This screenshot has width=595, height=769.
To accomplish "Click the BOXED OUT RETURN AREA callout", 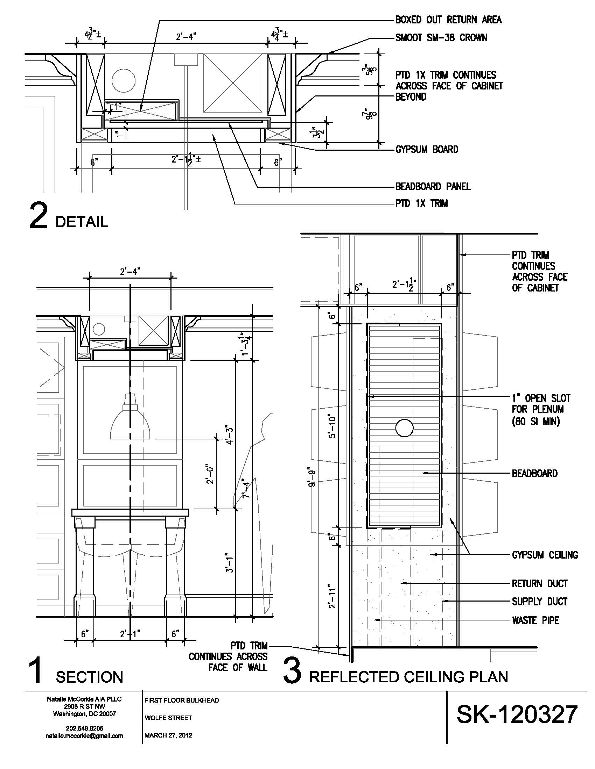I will click(x=448, y=20).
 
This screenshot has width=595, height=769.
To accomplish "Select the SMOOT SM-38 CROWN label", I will click(x=441, y=38).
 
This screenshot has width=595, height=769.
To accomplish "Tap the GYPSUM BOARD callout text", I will click(x=427, y=150).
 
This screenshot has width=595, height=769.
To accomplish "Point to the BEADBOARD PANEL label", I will click(x=433, y=186).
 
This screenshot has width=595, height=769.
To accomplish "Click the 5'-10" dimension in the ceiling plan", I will click(x=332, y=425).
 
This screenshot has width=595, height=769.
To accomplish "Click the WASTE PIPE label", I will click(x=535, y=620).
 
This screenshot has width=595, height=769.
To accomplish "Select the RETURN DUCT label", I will click(x=540, y=584).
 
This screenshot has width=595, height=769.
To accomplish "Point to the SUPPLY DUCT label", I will click(x=540, y=602).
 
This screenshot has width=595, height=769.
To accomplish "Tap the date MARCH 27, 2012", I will click(x=168, y=735).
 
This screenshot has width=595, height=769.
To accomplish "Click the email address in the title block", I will click(x=84, y=736).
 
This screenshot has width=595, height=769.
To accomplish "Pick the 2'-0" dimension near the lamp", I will click(x=210, y=474).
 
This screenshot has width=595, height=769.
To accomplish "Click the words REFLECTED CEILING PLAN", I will click(x=408, y=677).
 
